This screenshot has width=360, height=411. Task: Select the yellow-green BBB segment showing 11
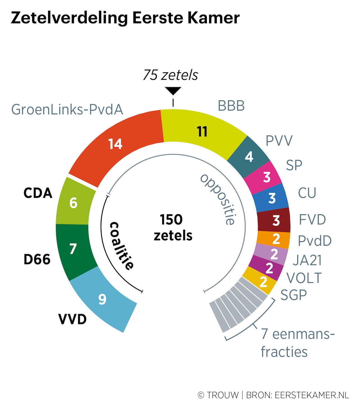[202, 132]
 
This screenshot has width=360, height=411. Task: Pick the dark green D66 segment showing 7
[73, 249]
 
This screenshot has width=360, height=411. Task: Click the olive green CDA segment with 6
[74, 203]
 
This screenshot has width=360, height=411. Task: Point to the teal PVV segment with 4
[249, 157]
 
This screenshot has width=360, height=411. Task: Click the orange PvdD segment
[276, 239]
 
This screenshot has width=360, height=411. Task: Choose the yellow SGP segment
[263, 282]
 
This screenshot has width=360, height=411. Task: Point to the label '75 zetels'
[170, 75]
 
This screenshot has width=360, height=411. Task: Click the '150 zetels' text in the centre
[172, 228]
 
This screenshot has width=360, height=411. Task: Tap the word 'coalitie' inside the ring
[121, 246]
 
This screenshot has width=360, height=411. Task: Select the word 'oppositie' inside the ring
[218, 200]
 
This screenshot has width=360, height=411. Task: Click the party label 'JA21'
[307, 260]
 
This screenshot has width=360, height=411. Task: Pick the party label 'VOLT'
[304, 278]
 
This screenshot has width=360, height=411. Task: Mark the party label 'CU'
[307, 193]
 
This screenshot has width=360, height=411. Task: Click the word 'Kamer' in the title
[213, 18]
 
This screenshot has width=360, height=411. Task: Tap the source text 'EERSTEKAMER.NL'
[312, 395]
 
